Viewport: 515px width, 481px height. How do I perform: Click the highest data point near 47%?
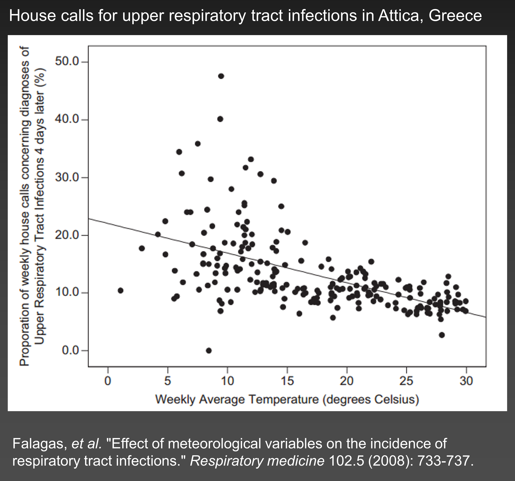tap(221, 76)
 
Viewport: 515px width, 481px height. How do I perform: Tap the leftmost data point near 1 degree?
tap(120, 291)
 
